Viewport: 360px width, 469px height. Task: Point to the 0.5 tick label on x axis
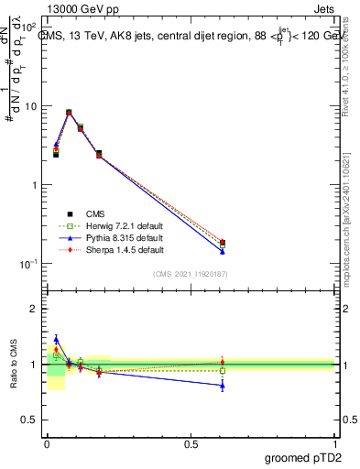(x=191, y=443)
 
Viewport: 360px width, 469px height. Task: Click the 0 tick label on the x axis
(x=47, y=443)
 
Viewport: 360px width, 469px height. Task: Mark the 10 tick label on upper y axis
(x=30, y=106)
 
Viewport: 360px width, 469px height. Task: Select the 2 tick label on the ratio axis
(x=34, y=309)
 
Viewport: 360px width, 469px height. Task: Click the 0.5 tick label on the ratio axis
(x=29, y=420)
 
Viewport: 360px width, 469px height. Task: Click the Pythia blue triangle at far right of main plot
(x=223, y=251)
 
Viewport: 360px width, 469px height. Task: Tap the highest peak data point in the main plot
(x=70, y=113)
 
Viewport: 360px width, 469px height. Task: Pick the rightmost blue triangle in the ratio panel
(x=223, y=386)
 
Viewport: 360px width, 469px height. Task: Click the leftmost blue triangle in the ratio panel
(x=56, y=339)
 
